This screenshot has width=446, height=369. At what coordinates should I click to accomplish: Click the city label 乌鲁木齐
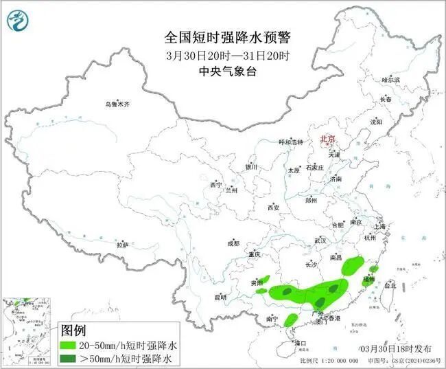click(117, 104)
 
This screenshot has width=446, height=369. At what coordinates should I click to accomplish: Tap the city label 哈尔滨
click(390, 80)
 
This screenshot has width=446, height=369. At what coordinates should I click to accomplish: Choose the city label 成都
click(233, 243)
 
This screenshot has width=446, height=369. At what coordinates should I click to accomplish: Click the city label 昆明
click(220, 297)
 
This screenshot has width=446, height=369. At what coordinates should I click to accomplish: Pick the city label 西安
click(274, 207)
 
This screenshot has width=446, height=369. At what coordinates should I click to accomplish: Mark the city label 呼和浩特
click(290, 142)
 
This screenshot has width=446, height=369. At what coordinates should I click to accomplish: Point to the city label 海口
click(298, 342)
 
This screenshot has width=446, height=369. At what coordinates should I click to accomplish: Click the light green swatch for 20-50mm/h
click(70, 345)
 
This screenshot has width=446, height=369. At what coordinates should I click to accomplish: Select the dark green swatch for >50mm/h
click(70, 358)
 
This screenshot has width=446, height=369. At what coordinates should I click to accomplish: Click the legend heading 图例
click(73, 331)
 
